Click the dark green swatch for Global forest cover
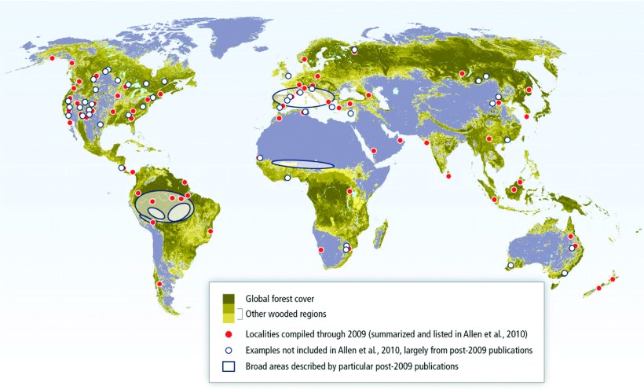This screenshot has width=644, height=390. pos(229,299)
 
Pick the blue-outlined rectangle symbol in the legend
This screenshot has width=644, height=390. pos(229,366)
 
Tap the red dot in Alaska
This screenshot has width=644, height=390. pos(53,59)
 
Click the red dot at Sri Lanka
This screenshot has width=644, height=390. pos(448,175)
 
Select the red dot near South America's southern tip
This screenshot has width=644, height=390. pos(159,285)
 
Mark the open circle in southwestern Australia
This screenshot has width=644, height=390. pos(510,266)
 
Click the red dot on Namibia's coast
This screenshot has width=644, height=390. pos(320,250)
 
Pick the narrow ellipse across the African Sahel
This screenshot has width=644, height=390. pos(302,164)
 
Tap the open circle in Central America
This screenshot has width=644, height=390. pos(121,167)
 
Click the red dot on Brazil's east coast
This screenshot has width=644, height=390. pos(210,231)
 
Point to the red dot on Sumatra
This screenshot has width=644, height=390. pos(494,200)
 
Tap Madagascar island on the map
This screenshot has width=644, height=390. pos(382,231)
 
